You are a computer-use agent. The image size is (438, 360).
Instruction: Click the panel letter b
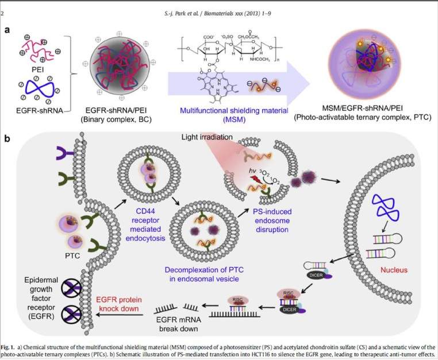pos(7,138)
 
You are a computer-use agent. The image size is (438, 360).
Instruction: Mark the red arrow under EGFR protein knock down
pos(125,304)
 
